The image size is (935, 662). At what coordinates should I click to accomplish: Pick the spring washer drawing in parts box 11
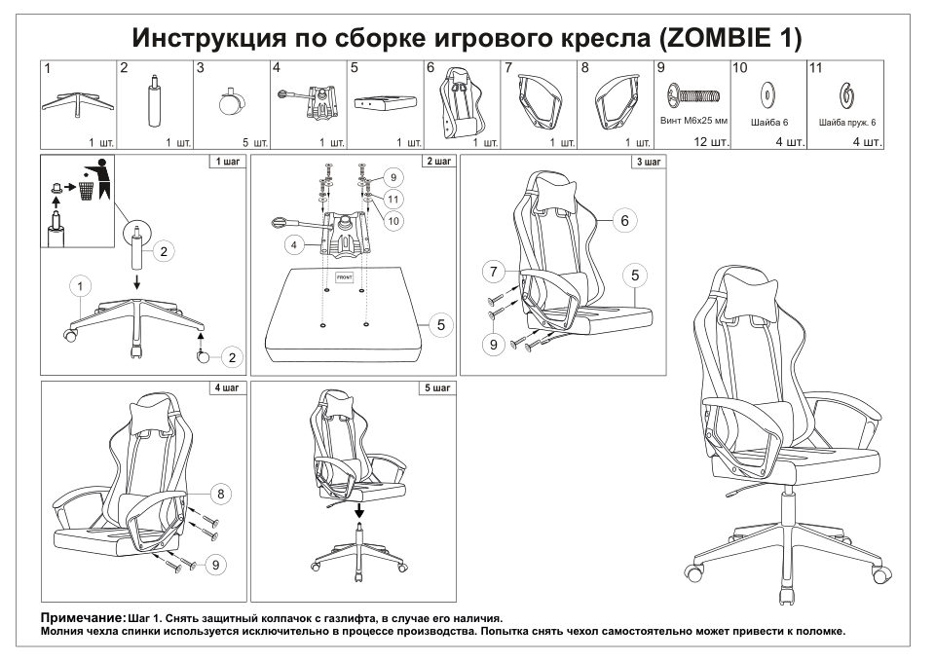(x=845, y=95)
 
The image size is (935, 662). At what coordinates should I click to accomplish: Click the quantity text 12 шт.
(x=710, y=142)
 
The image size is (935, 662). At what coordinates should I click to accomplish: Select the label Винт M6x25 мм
(x=692, y=124)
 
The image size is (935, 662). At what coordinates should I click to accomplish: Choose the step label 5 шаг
(x=436, y=388)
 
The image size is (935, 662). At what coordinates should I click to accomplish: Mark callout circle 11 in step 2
(x=392, y=199)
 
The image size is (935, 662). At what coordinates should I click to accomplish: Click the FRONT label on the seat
(x=344, y=276)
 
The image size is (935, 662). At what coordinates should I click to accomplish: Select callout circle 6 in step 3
(x=624, y=220)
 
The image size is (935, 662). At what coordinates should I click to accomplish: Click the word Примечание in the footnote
(x=82, y=618)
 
